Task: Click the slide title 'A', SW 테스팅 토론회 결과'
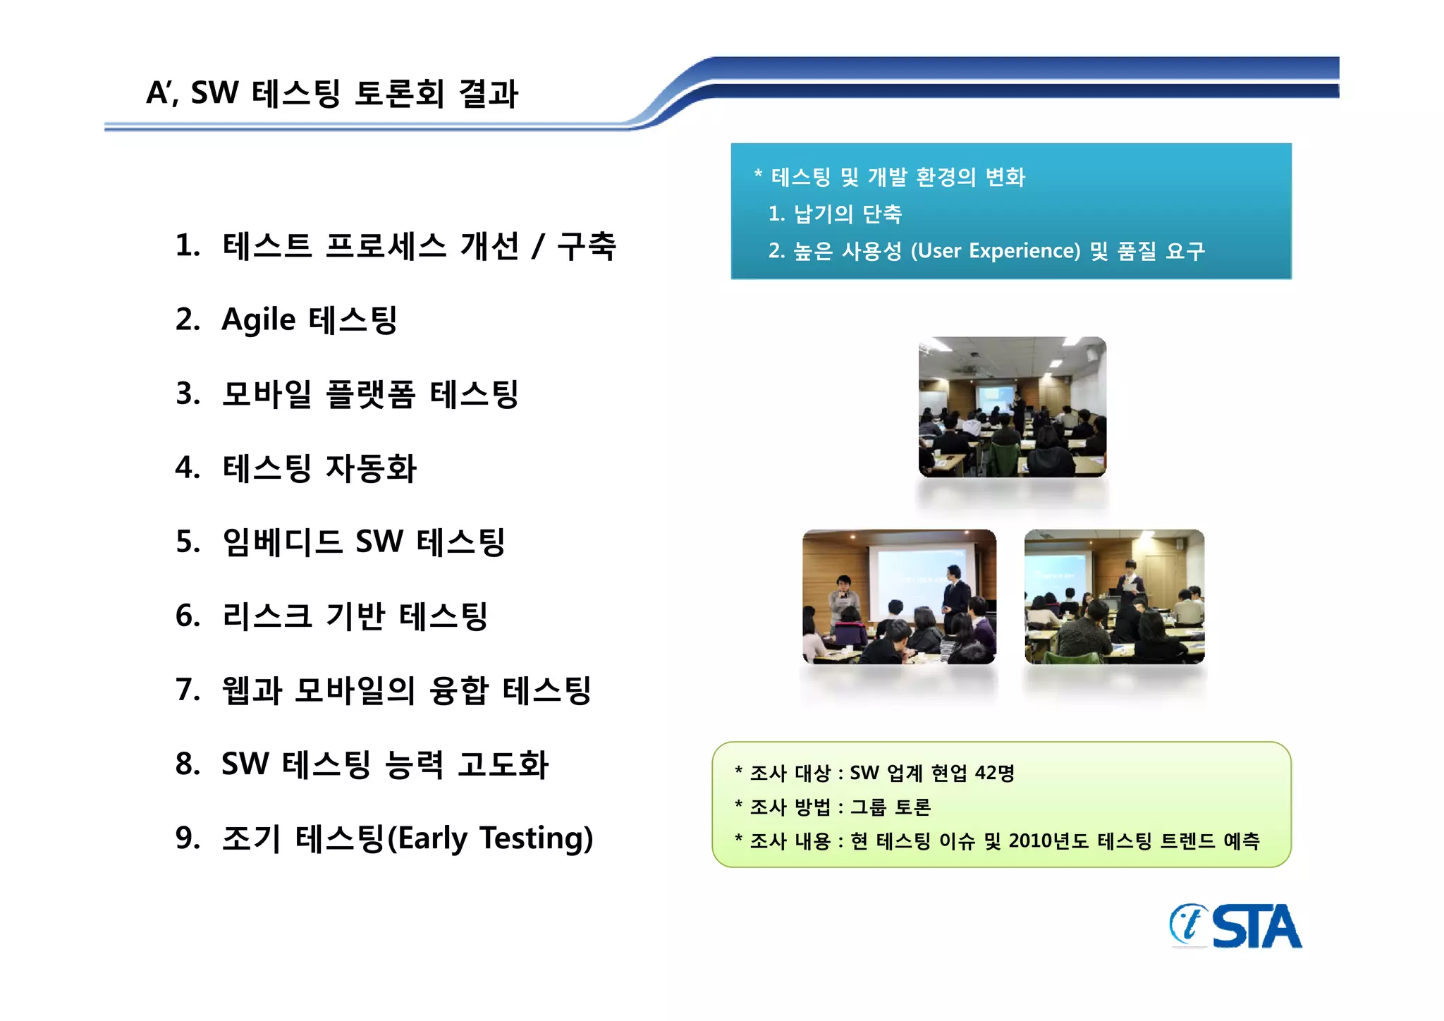coord(331,93)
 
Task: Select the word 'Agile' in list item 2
coord(258,320)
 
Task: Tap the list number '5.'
coord(188,542)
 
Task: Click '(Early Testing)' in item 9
coord(491,838)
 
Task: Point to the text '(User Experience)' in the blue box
coord(996,251)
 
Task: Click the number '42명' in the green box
coord(994,773)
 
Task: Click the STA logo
coord(1235,927)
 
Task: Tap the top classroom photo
coord(1012,407)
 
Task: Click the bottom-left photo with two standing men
coord(899,597)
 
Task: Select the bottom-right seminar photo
coord(1114,597)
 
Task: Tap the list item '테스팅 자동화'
coord(319,468)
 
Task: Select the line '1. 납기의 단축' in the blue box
coord(836,214)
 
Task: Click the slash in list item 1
coord(538,246)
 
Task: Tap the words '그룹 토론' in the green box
coord(891,807)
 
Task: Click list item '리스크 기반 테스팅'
coord(355,616)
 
